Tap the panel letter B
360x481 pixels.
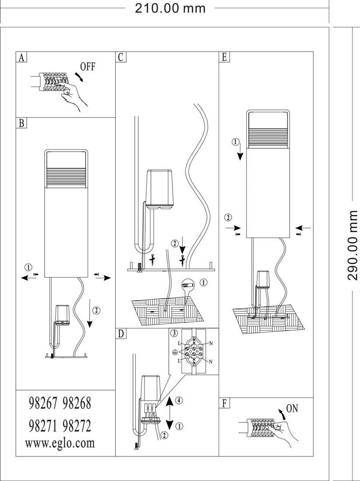coord(21,123)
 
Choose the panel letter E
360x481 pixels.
coord(224,57)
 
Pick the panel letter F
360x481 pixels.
coord(224,403)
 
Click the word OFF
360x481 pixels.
coord(87,67)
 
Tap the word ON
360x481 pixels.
coord(292,409)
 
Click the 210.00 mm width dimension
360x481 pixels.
coord(170,8)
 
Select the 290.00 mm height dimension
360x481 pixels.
coord(353,245)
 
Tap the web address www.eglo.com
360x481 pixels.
coord(60,443)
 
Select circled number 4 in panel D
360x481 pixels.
coord(178,400)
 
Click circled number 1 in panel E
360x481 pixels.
coord(235,142)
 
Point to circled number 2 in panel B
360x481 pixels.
coord(96,310)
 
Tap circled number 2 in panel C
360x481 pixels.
coord(175,243)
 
